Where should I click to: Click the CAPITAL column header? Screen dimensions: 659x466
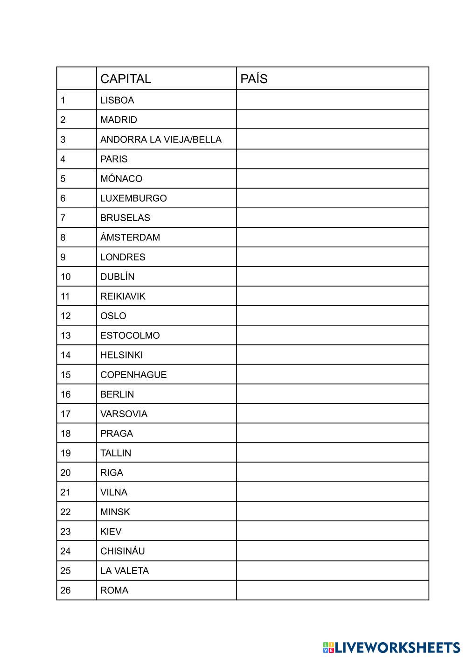[125, 79]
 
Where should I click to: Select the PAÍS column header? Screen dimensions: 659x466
[254, 79]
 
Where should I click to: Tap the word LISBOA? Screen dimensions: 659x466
[117, 100]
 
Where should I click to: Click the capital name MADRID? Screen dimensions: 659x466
[118, 120]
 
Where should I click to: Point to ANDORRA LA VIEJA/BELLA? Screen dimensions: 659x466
[160, 140]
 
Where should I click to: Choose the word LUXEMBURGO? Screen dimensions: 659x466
[133, 198]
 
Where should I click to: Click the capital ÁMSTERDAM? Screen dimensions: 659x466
[130, 238]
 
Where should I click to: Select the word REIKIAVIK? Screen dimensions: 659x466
[123, 296]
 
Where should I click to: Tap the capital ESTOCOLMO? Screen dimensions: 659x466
[130, 336]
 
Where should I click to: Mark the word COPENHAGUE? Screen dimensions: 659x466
[133, 375]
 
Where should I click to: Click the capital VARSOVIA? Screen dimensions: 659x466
[124, 414]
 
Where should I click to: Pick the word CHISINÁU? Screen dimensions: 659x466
[122, 551]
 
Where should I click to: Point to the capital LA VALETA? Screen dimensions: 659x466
[125, 571]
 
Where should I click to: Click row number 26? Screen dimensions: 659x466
[65, 590]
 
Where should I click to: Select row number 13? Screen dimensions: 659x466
[65, 336]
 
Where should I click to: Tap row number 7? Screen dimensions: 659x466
[63, 218]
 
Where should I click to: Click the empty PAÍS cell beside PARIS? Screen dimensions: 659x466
[332, 159]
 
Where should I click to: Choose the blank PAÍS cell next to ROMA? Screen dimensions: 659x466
[332, 590]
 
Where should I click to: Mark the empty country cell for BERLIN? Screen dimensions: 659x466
[332, 394]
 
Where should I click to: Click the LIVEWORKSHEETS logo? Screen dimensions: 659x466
[391, 648]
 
